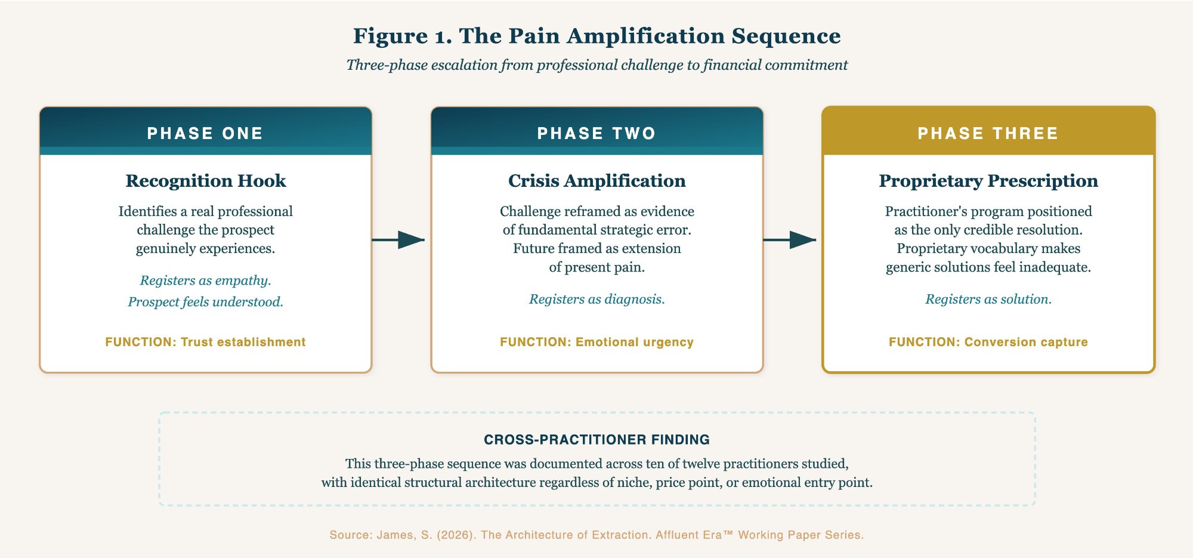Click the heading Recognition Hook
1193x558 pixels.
coord(205,181)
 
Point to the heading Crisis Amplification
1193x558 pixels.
coord(596,181)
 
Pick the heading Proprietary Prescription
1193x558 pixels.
coord(988,181)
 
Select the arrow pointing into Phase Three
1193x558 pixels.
coord(790,240)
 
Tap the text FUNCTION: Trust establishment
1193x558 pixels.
coord(205,342)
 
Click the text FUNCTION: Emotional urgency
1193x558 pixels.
coord(596,342)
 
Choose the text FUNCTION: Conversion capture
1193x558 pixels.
coord(988,342)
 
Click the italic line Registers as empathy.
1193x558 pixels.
coord(205,280)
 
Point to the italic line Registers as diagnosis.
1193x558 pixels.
coord(596,299)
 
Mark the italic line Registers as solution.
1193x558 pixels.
coord(988,299)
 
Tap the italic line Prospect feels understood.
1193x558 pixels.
coord(205,302)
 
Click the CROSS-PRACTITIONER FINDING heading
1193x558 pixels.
coord(596,440)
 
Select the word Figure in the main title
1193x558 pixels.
coord(390,36)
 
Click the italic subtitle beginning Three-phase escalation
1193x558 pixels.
coord(596,65)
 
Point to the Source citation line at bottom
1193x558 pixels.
coord(596,535)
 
